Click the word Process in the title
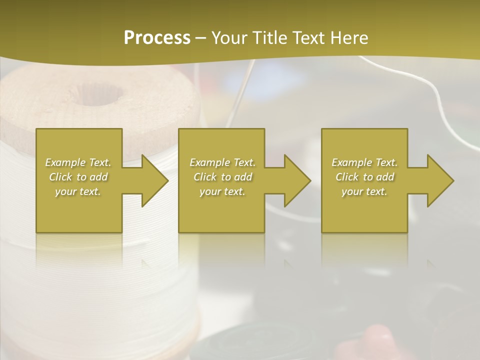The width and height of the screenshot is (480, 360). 157,38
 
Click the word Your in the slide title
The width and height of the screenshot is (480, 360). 229,38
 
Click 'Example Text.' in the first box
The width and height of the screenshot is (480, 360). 78,162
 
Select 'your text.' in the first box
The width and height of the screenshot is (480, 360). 78,191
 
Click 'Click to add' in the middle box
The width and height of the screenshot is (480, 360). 222,177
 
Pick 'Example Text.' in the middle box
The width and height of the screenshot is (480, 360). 222,162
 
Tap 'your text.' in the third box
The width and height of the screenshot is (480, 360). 364,191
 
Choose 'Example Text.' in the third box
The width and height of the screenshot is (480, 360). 364,162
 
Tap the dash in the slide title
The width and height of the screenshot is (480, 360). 200,38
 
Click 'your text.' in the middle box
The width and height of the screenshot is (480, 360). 222,191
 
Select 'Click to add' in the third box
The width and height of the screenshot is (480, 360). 364,177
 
